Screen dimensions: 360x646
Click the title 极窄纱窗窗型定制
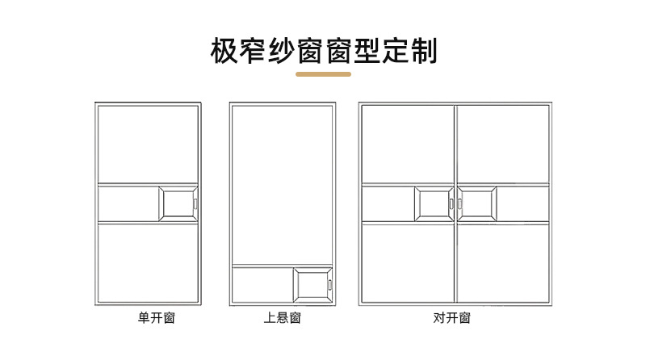click(323, 50)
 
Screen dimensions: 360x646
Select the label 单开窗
click(156, 319)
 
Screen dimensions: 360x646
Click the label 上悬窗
click(282, 319)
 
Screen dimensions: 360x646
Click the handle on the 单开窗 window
click(195, 203)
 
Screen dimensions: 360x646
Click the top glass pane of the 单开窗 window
click(148, 144)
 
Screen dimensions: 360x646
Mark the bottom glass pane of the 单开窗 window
click(148, 262)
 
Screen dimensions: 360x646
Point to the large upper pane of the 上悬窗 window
click(282, 184)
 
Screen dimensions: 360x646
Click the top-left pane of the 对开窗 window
click(407, 144)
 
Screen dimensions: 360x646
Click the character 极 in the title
click(224, 50)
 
